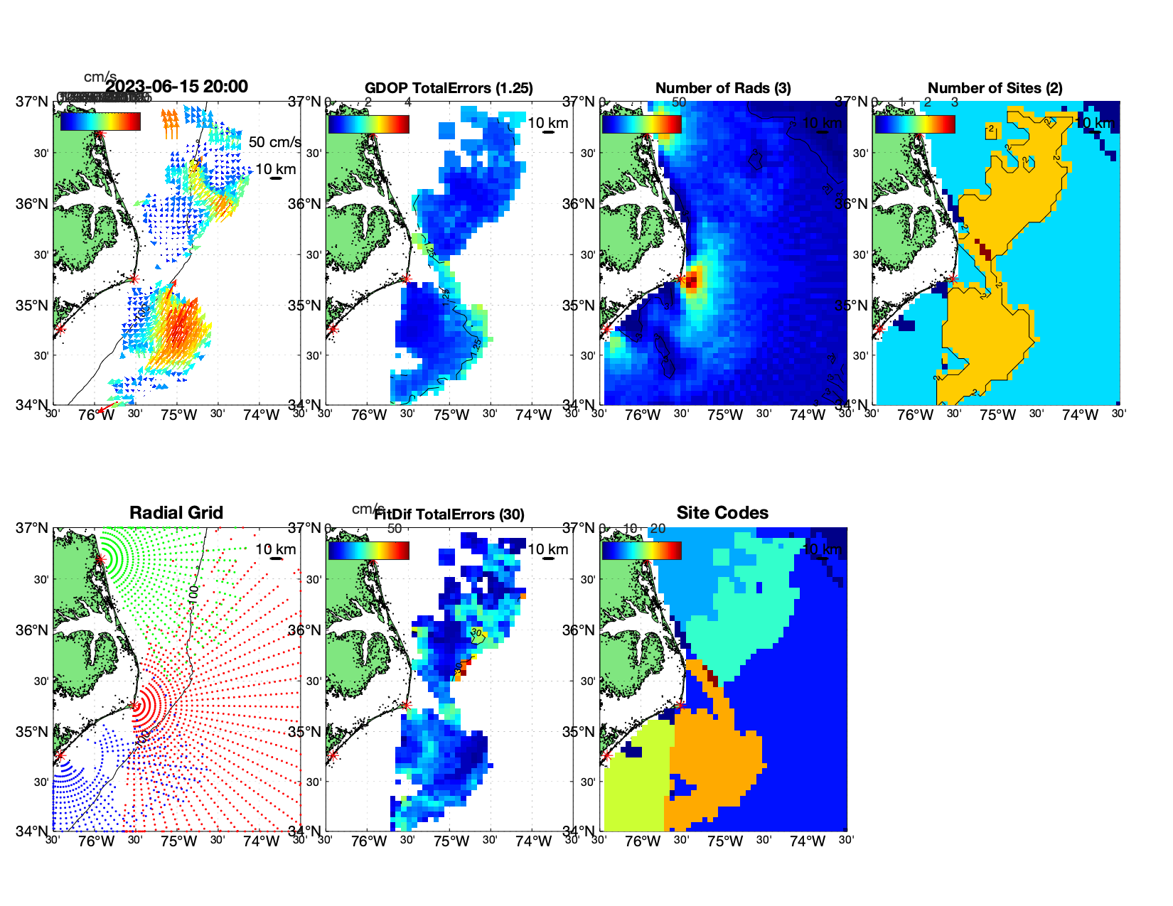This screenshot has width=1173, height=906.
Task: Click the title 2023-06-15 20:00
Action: coord(176,87)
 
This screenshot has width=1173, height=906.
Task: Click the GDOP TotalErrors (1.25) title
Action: coord(449,88)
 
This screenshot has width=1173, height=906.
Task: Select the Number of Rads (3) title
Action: coord(723,88)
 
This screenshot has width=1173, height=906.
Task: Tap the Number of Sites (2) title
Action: coord(995,88)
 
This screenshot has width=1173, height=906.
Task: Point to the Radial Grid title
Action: coord(176,513)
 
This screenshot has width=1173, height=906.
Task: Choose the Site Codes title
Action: coord(722,513)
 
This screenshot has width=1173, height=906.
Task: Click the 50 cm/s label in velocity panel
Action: coord(274,142)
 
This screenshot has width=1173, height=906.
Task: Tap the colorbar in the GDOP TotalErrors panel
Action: coord(368,124)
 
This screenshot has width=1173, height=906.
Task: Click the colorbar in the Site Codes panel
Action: coord(641,551)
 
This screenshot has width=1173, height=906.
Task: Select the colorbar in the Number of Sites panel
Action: coord(914,124)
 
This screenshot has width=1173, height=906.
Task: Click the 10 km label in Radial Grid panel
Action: coord(275,549)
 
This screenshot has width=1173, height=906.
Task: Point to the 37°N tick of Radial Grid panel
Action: coord(32,528)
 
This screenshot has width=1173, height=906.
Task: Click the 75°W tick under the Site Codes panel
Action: coord(725,842)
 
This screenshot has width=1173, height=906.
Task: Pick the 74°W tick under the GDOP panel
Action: coord(533,416)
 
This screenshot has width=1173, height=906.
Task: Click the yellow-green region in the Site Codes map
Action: coord(635,782)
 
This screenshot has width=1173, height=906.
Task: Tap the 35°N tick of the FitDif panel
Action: coord(305,733)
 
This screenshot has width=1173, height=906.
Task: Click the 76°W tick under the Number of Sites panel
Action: coord(916,416)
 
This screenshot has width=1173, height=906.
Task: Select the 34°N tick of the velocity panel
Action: coord(32,405)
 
